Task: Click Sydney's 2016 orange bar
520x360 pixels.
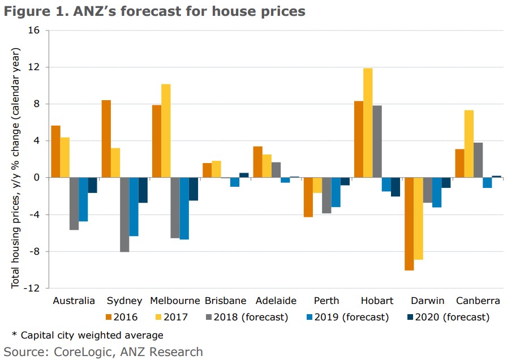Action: click(106, 139)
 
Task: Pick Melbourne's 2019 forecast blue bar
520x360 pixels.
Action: click(184, 208)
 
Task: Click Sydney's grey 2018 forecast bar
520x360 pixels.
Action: click(124, 215)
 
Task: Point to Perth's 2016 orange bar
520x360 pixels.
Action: click(308, 197)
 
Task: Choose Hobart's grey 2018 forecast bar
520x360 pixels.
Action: click(377, 142)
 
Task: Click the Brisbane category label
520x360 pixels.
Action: click(225, 301)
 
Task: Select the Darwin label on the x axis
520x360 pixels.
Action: click(427, 301)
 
